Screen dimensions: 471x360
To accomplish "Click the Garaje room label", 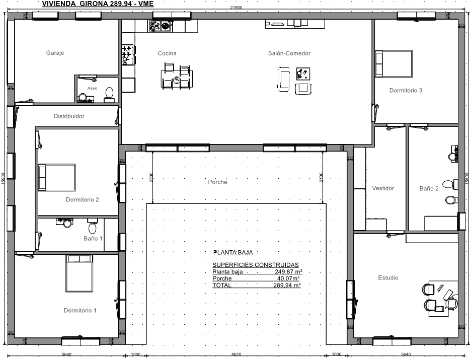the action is (55, 53).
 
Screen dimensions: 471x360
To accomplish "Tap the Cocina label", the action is (167, 53).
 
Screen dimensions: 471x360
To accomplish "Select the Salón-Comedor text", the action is (289, 53).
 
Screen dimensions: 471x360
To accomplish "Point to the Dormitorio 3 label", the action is (406, 90).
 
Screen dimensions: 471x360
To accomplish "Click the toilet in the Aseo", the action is (109, 94).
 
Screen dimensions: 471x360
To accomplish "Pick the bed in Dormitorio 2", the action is (57, 177).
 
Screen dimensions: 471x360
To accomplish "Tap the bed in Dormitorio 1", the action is (80, 273).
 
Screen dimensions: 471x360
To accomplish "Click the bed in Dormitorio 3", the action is (394, 63).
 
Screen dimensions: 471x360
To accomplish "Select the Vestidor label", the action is (383, 188).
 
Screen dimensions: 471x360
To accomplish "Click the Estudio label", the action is (388, 277).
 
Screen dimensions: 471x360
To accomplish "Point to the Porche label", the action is (217, 182).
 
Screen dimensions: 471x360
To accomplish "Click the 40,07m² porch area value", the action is (288, 278).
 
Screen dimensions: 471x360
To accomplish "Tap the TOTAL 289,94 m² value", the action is (287, 285).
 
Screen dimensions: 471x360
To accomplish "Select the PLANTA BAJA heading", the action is (233, 252).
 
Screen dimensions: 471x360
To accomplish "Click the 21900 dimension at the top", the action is (236, 8).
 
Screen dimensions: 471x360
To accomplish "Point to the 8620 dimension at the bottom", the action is (236, 354).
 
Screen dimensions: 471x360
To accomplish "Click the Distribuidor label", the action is (69, 116).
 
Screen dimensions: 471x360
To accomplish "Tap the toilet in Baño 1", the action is (93, 226).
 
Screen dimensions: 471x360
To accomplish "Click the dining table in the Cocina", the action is (177, 79).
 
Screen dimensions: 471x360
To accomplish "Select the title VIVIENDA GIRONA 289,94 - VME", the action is (98, 4).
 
